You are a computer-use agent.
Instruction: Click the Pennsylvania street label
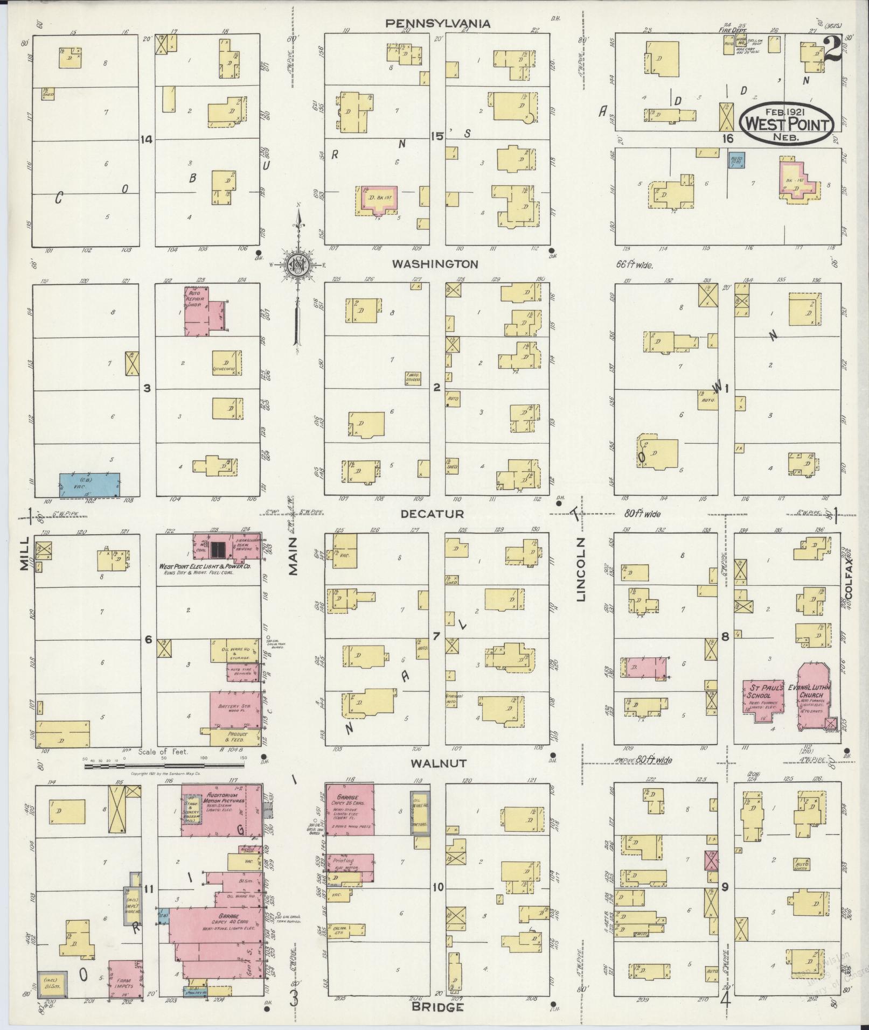437,23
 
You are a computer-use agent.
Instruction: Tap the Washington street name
435,264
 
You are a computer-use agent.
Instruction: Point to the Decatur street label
432,514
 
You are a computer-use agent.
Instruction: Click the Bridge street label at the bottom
437,1007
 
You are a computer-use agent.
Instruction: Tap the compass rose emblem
296,265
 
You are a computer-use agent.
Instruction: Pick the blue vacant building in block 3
89,485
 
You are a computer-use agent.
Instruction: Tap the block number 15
436,137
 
